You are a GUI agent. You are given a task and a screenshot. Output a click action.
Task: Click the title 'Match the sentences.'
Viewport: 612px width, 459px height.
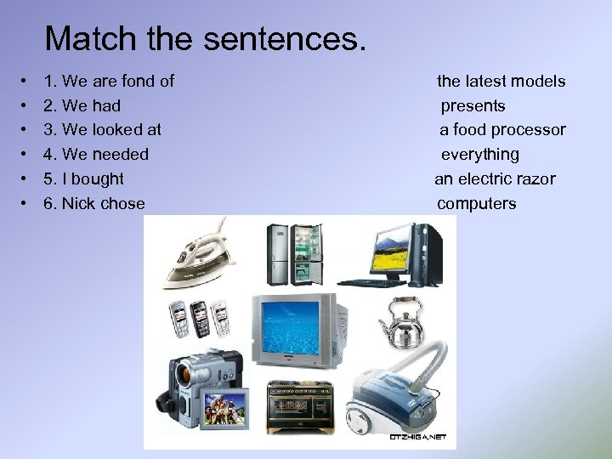click(205, 39)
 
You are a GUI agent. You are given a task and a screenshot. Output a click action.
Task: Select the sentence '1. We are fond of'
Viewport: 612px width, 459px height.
click(109, 82)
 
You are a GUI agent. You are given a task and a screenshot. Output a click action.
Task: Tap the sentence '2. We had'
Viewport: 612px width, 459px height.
click(82, 106)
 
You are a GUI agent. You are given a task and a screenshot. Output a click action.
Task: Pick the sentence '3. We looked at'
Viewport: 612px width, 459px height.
click(103, 130)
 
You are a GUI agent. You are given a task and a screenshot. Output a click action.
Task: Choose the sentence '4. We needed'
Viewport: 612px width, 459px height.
click(96, 155)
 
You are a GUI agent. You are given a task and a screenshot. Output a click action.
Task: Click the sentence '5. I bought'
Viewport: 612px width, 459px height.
click(84, 179)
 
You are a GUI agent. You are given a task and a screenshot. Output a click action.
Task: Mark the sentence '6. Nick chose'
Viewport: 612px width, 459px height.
click(94, 204)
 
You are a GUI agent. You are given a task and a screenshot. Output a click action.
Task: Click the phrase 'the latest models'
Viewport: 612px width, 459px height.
click(501, 82)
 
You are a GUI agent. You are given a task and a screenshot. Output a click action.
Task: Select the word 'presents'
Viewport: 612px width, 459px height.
click(473, 106)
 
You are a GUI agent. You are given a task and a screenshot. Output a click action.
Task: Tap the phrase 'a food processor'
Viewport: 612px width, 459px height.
click(501, 130)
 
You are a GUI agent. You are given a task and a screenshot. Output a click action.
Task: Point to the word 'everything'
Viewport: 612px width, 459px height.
click(479, 155)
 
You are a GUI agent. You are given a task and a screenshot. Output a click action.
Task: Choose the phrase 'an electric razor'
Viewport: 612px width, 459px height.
click(495, 179)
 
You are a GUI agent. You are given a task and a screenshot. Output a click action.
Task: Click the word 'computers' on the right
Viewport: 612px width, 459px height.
click(476, 204)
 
